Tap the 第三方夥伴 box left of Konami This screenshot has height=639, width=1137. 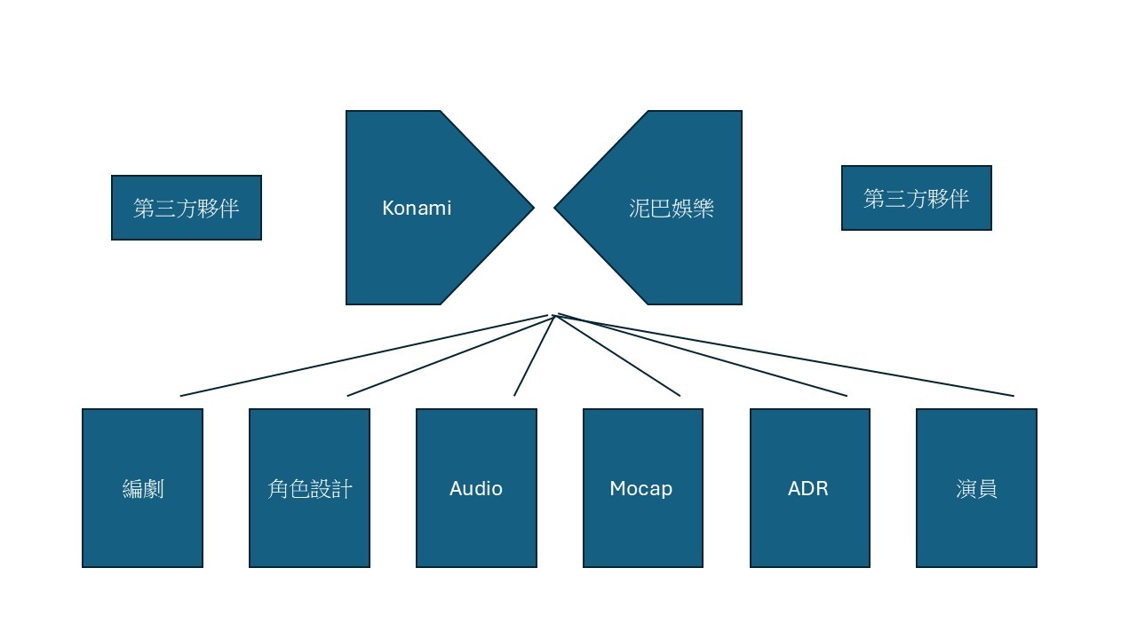[x=187, y=208]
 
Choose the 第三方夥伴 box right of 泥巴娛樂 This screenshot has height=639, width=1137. [x=916, y=198]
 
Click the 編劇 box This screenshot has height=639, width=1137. [x=142, y=488]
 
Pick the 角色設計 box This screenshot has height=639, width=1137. [x=309, y=488]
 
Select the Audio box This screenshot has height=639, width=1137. [x=476, y=488]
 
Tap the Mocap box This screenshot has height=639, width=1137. [x=642, y=488]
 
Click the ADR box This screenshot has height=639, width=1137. [x=809, y=488]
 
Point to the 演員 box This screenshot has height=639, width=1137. [x=976, y=488]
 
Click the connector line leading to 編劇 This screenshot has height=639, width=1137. [x=364, y=356]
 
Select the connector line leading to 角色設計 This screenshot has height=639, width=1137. [x=450, y=357]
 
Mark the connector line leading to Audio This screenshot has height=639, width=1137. [x=534, y=356]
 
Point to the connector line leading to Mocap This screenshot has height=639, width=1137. [x=618, y=356]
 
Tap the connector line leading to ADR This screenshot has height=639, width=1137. [x=701, y=356]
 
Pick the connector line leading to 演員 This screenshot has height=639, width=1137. [x=786, y=354]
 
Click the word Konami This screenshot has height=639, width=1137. [x=417, y=208]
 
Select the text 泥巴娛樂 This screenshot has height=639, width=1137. [x=671, y=208]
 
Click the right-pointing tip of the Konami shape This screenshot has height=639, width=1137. [x=534, y=208]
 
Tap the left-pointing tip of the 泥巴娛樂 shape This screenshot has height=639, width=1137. [x=554, y=208]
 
